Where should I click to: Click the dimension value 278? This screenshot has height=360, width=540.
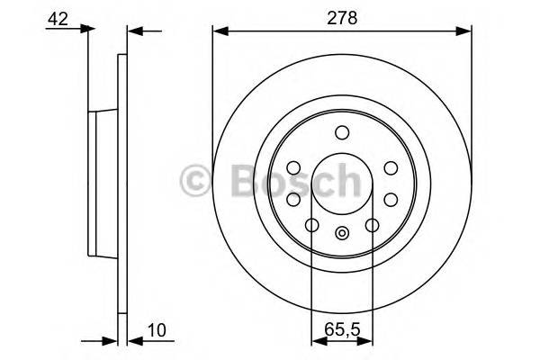[x=342, y=18]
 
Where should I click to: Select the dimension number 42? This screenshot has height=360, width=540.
[x=58, y=19]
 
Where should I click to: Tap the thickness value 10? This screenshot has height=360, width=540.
[x=157, y=330]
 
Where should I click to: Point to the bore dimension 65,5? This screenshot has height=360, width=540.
[x=342, y=329]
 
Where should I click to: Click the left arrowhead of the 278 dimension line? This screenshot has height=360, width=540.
[x=220, y=31]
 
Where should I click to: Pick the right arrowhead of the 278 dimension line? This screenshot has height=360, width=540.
[x=463, y=31]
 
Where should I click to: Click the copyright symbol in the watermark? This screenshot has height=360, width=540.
[x=195, y=181]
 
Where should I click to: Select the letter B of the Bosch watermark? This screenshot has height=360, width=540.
[x=246, y=180]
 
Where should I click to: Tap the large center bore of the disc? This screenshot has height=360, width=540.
[x=342, y=184]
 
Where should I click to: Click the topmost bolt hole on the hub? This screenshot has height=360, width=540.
[x=342, y=132]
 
